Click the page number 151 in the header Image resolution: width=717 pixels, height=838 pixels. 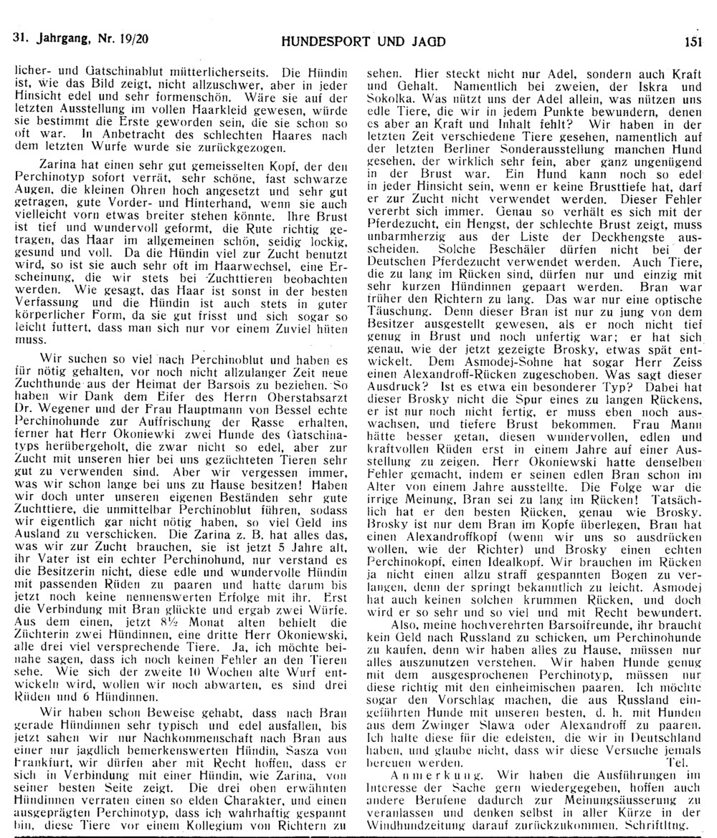692,42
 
